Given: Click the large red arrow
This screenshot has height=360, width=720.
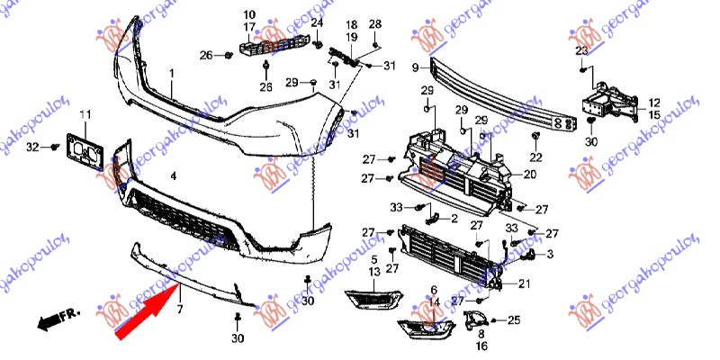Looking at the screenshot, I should [148, 307].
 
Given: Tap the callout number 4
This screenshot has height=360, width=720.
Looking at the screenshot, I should [174, 176].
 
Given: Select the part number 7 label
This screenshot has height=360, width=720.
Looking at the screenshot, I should [179, 310].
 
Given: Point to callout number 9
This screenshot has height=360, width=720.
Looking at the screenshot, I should [415, 67].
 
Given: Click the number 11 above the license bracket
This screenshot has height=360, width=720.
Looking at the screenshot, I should [85, 114].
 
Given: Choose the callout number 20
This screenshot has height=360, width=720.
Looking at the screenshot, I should [530, 174].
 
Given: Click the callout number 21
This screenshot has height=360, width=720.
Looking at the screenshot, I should [523, 284].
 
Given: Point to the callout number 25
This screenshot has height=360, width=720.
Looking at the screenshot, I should [514, 319].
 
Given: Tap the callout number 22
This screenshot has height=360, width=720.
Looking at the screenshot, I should [537, 158].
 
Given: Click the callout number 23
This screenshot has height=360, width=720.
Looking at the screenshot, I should [581, 50].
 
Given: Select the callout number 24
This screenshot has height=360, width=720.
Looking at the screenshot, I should [317, 22].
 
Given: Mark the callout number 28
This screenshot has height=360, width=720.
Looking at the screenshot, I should [375, 23].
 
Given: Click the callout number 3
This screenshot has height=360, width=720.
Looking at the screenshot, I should [550, 254].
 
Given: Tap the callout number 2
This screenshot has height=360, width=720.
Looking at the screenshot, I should [455, 218].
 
